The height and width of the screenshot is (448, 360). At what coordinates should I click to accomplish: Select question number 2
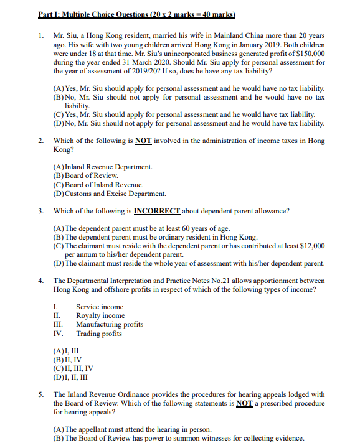click(41, 141)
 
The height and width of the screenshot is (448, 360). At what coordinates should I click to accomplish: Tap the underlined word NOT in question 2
click(144, 141)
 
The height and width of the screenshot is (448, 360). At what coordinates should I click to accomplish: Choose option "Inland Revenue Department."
click(103, 167)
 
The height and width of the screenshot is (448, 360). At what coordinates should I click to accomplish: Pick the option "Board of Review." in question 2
click(87, 175)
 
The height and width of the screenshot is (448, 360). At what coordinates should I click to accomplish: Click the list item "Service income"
click(100, 307)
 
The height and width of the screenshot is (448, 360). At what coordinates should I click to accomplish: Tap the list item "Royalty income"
click(100, 315)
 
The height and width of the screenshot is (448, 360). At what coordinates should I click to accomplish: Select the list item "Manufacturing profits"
click(110, 324)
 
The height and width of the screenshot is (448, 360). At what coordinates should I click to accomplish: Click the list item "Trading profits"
click(99, 334)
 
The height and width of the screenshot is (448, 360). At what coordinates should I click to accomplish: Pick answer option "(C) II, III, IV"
click(73, 368)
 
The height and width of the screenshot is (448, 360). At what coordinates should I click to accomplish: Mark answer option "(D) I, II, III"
click(70, 377)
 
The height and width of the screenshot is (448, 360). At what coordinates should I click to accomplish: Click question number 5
click(41, 394)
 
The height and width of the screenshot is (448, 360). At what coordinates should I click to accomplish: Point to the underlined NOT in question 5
click(244, 403)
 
